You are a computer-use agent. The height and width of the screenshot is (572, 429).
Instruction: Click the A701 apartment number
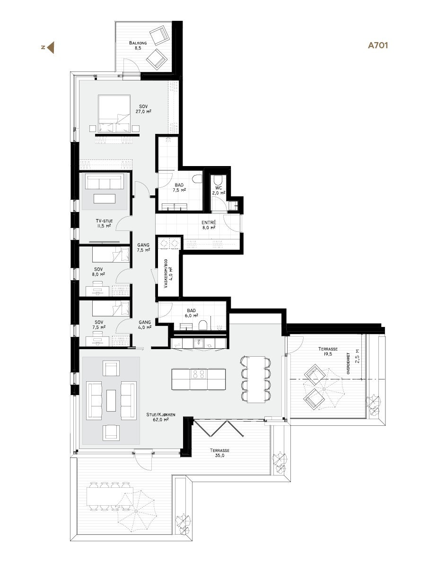click(378, 46)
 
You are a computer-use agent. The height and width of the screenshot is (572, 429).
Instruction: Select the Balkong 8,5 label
click(138, 45)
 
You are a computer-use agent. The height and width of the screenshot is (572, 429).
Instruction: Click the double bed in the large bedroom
click(114, 114)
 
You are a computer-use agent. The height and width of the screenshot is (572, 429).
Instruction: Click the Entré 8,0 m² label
click(209, 225)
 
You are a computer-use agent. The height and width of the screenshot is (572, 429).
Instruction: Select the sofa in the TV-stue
click(104, 182)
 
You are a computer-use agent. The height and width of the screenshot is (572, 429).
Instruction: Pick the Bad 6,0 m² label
click(192, 313)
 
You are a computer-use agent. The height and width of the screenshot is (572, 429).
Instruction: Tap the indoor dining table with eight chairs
click(255, 379)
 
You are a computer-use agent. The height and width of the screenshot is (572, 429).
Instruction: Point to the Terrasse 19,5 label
click(325, 351)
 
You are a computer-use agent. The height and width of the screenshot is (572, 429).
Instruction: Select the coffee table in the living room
click(111, 400)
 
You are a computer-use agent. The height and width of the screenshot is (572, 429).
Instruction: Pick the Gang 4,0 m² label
click(145, 324)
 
